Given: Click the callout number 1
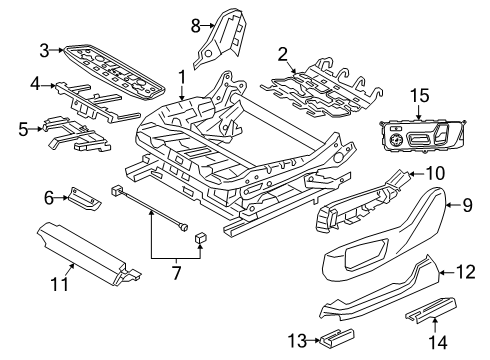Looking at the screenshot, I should pyautogui.click(x=181, y=76).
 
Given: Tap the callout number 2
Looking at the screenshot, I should pyautogui.click(x=283, y=53).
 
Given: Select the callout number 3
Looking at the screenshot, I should pyautogui.click(x=44, y=49).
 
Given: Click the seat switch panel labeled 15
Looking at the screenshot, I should pyautogui.click(x=415, y=137).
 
